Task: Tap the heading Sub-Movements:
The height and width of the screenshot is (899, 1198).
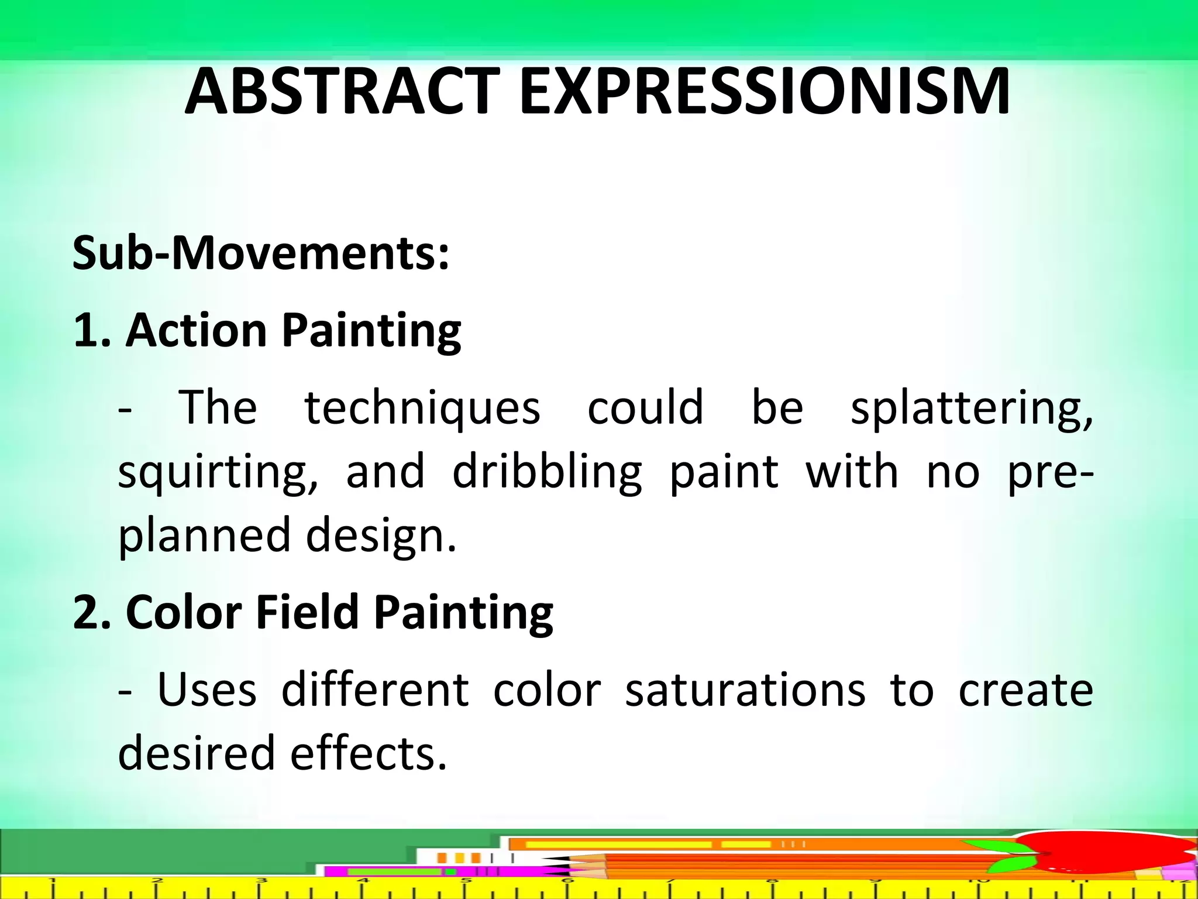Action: [261, 254]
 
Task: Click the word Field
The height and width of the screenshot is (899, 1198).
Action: [307, 613]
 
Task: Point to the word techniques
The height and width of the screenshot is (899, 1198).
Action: [422, 407]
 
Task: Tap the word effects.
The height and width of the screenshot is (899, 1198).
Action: [369, 754]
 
